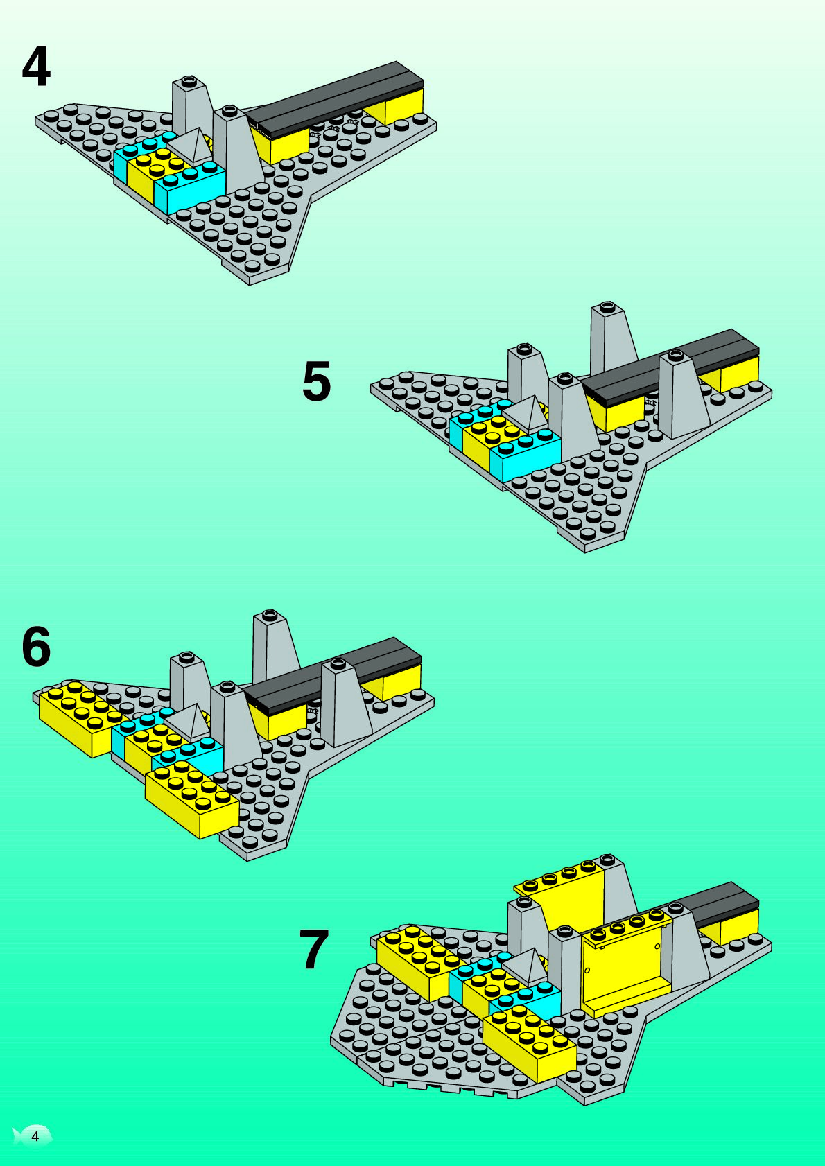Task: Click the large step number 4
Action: pos(36,67)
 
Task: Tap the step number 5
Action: pos(317,381)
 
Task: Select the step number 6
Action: pos(36,647)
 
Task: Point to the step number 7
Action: pos(313,950)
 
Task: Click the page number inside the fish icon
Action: pos(35,1136)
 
